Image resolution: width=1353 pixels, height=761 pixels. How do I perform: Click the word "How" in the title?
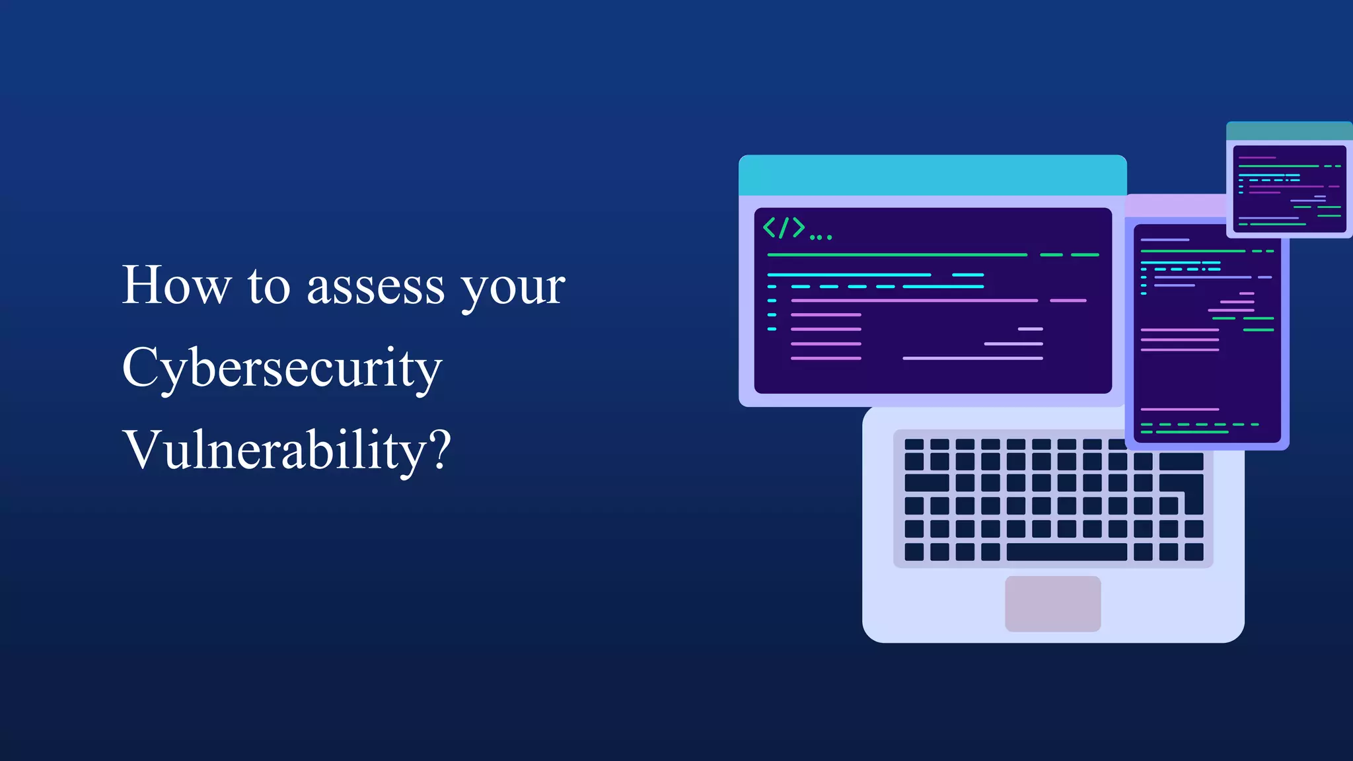tap(176, 285)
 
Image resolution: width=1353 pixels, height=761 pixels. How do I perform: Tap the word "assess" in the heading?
tap(375, 287)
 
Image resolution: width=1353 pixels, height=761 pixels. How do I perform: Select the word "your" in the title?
tap(513, 289)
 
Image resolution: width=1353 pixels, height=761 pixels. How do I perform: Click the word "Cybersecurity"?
tap(282, 369)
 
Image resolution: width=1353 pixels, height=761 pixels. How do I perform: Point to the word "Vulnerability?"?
tap(287, 451)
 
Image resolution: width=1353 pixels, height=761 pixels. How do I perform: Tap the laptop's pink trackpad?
tap(1052, 603)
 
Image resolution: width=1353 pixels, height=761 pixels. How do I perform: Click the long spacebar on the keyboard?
tap(1066, 552)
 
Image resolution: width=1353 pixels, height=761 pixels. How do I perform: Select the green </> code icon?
tap(784, 227)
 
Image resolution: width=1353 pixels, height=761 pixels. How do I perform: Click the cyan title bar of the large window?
tap(932, 176)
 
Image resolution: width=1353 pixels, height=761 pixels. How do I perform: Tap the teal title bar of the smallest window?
tap(1289, 131)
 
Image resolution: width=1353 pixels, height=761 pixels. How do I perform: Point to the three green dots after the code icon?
tap(821, 236)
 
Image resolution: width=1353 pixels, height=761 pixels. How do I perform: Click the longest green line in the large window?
tap(896, 254)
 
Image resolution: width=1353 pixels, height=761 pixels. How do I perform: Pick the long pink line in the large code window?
tap(914, 301)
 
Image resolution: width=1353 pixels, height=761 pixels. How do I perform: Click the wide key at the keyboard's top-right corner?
tap(1181, 461)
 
